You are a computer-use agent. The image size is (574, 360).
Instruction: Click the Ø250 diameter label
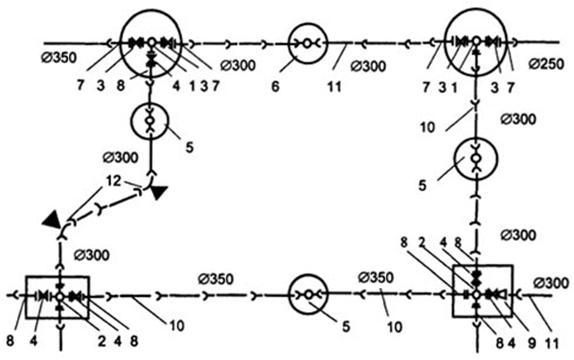[546, 64]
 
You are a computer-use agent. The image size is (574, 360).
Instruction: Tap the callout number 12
[114, 181]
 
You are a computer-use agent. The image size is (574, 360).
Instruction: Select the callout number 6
[275, 86]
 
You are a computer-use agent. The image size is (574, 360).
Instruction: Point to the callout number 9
[531, 343]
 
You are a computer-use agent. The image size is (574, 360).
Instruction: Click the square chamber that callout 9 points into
[483, 266]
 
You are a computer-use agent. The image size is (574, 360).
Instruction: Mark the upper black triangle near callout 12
[159, 192]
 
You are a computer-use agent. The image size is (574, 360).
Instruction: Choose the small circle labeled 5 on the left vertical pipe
[150, 105]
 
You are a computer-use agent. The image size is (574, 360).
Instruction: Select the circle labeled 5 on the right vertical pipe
[476, 138]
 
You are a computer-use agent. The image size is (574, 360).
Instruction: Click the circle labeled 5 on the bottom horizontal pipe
[308, 275]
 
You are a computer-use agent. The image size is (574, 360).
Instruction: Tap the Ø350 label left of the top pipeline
[59, 58]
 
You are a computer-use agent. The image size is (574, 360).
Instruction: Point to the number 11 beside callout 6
[334, 87]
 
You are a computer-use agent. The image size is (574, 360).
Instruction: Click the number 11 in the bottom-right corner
[552, 343]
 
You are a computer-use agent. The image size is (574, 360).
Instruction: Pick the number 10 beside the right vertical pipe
[427, 127]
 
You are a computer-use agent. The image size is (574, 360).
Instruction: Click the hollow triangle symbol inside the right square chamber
[503, 294]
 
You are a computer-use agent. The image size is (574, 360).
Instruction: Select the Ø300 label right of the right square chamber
[552, 283]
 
